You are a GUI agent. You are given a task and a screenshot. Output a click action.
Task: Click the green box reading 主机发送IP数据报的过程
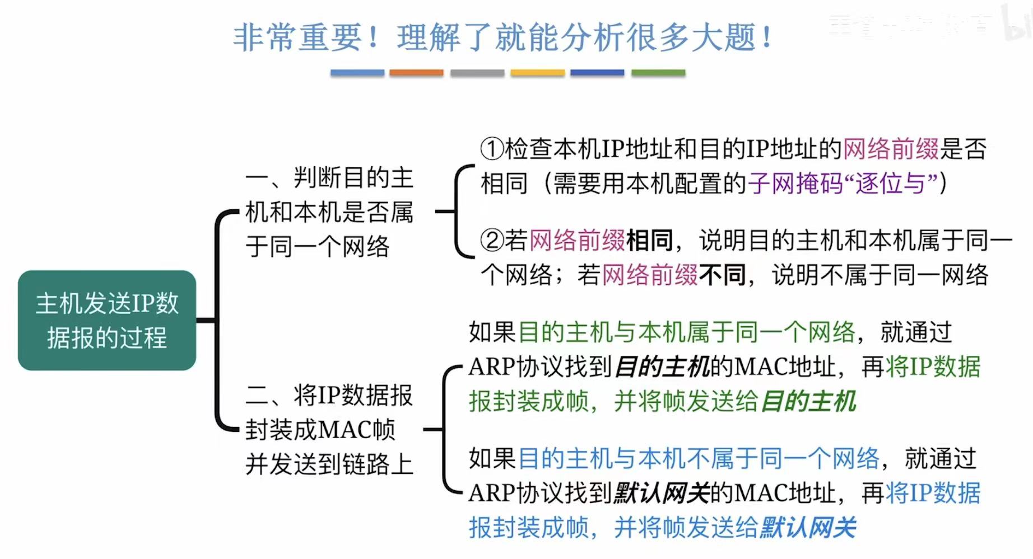pyautogui.click(x=107, y=320)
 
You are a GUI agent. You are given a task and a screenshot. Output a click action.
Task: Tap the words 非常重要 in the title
pyautogui.click(x=297, y=38)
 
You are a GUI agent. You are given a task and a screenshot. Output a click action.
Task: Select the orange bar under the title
pyautogui.click(x=416, y=73)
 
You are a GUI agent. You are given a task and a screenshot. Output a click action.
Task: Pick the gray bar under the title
pyautogui.click(x=477, y=73)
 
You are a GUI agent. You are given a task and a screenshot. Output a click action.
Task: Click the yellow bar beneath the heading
pyautogui.click(x=537, y=73)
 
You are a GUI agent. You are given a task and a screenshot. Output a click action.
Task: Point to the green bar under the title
pyautogui.click(x=658, y=73)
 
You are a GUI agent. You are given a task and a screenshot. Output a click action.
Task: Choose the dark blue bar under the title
pyautogui.click(x=597, y=73)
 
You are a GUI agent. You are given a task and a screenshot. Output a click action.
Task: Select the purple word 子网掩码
pyautogui.click(x=795, y=184)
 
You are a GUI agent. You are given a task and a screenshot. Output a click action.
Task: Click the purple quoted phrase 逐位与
pyautogui.click(x=891, y=184)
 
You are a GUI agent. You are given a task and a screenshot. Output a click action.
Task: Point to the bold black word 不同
pyautogui.click(x=723, y=275)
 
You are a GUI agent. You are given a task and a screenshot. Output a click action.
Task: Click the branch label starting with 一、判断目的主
pyautogui.click(x=329, y=212)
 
